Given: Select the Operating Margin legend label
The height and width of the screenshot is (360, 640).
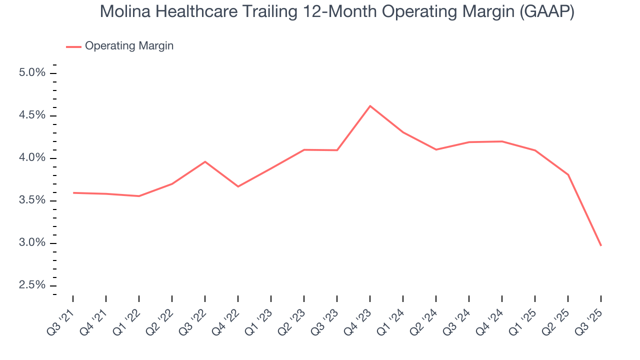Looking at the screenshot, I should [x=129, y=46].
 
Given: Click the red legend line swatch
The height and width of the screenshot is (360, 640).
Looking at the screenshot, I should [x=73, y=46].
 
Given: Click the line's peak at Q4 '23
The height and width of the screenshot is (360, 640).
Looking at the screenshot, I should [x=370, y=106].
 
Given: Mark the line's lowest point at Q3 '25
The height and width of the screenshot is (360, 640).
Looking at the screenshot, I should [x=600, y=245].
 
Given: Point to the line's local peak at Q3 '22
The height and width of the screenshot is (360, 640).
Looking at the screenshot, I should [x=205, y=161].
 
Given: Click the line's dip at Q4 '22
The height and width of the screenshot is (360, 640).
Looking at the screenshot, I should [x=238, y=186].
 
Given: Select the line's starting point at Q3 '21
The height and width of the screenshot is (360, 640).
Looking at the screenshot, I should [x=73, y=192].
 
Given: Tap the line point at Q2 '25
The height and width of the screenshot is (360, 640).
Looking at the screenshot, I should [x=567, y=174].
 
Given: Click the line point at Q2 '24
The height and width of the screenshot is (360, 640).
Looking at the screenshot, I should [x=436, y=149].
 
